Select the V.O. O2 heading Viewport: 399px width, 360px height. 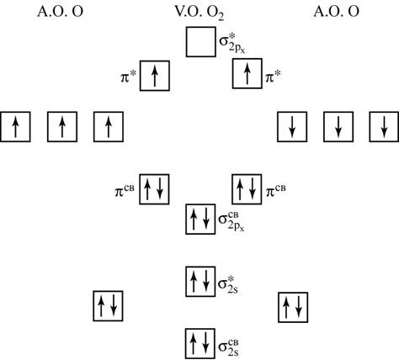click(199, 13)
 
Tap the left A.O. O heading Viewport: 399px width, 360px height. click(60, 12)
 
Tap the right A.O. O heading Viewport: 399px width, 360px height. click(336, 12)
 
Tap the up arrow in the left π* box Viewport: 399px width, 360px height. click(155, 76)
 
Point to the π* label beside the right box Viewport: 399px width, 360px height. click(274, 77)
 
